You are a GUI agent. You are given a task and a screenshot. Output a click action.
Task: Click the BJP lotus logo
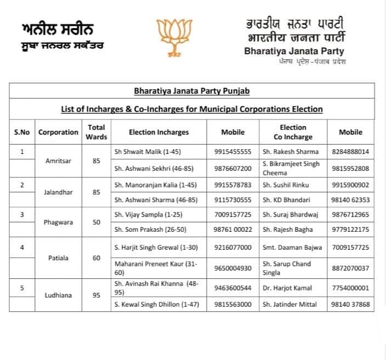click(174, 38)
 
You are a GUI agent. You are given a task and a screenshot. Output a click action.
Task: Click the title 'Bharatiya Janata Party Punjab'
click(191, 91)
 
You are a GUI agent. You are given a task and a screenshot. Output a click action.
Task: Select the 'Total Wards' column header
click(96, 132)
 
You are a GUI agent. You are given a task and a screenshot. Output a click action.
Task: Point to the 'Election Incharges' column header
click(158, 132)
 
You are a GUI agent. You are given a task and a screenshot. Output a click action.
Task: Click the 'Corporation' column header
click(58, 132)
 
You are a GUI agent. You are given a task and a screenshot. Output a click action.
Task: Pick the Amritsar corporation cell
click(58, 161)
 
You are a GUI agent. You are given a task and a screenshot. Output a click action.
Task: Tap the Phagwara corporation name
click(58, 223)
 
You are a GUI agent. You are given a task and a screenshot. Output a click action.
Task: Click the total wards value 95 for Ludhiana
click(96, 295)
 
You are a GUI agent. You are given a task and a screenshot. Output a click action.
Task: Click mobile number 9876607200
click(232, 168)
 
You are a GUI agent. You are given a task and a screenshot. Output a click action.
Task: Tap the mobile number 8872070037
click(351, 268)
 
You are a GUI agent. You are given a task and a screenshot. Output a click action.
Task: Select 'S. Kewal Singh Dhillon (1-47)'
click(156, 304)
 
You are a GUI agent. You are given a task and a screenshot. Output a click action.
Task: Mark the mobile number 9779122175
click(351, 229)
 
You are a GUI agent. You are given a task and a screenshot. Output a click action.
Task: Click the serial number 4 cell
click(22, 248)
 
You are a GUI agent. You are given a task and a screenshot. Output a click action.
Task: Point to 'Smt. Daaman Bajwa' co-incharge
click(292, 248)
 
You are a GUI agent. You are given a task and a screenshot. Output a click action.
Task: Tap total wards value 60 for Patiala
click(96, 258)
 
